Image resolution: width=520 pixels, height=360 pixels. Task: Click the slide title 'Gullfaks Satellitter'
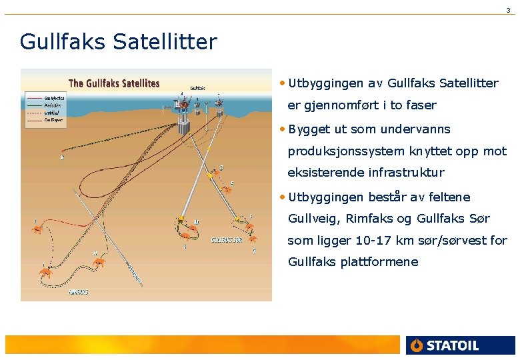click(119, 42)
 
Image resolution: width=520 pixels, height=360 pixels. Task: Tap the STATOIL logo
click(444, 345)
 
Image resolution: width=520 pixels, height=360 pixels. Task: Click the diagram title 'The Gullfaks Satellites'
click(114, 83)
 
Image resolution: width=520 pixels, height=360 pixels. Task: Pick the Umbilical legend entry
click(53, 113)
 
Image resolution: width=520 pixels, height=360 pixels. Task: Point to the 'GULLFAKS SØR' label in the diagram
click(227, 239)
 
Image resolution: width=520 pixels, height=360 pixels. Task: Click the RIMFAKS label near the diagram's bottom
click(79, 291)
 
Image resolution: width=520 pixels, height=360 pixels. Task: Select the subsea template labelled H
click(99, 261)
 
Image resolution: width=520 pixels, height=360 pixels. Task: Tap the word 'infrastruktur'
click(407, 173)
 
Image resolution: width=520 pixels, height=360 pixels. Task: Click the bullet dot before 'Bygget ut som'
click(283, 129)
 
